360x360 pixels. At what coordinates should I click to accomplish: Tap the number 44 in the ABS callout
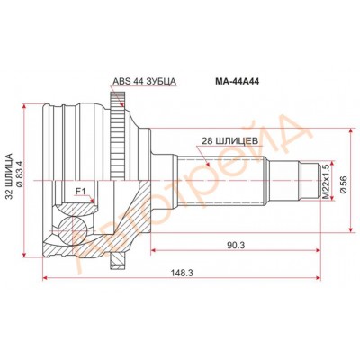point(138,81)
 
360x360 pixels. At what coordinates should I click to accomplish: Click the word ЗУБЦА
point(161,81)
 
